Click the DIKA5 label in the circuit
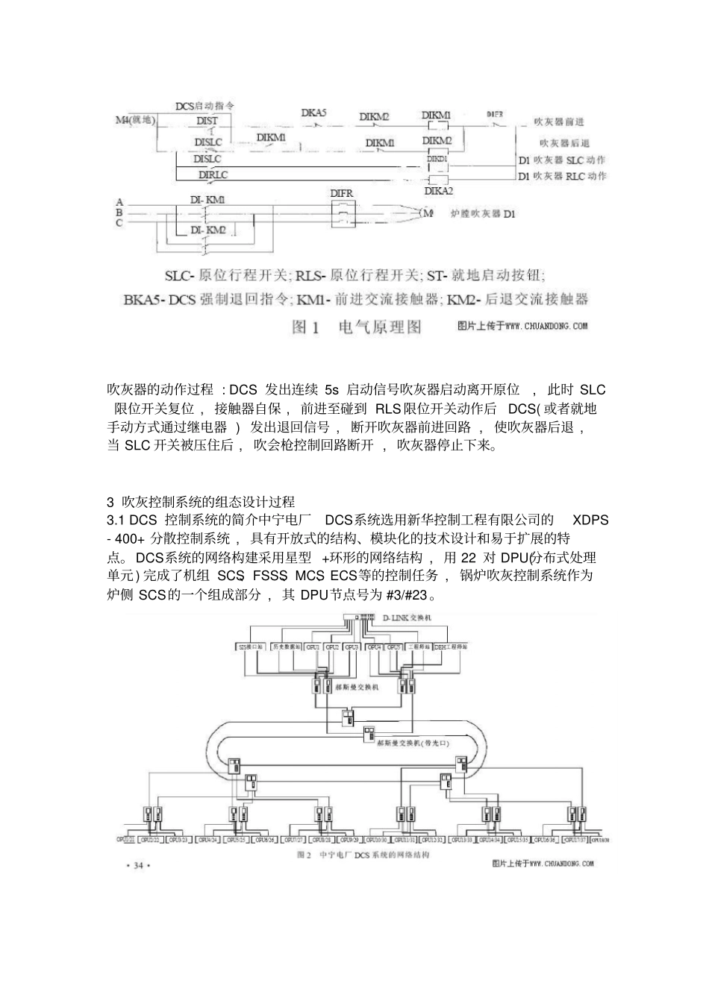(314, 113)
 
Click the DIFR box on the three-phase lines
(342, 216)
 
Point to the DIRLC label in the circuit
(213, 174)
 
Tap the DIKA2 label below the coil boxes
(439, 191)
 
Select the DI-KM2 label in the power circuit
(207, 230)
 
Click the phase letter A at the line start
(119, 202)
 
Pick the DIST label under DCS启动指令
(207, 120)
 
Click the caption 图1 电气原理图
(358, 327)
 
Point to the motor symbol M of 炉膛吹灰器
(428, 214)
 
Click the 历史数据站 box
(286, 647)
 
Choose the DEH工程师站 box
(451, 647)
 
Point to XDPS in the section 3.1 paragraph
(590, 520)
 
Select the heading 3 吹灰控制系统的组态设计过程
(202, 501)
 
